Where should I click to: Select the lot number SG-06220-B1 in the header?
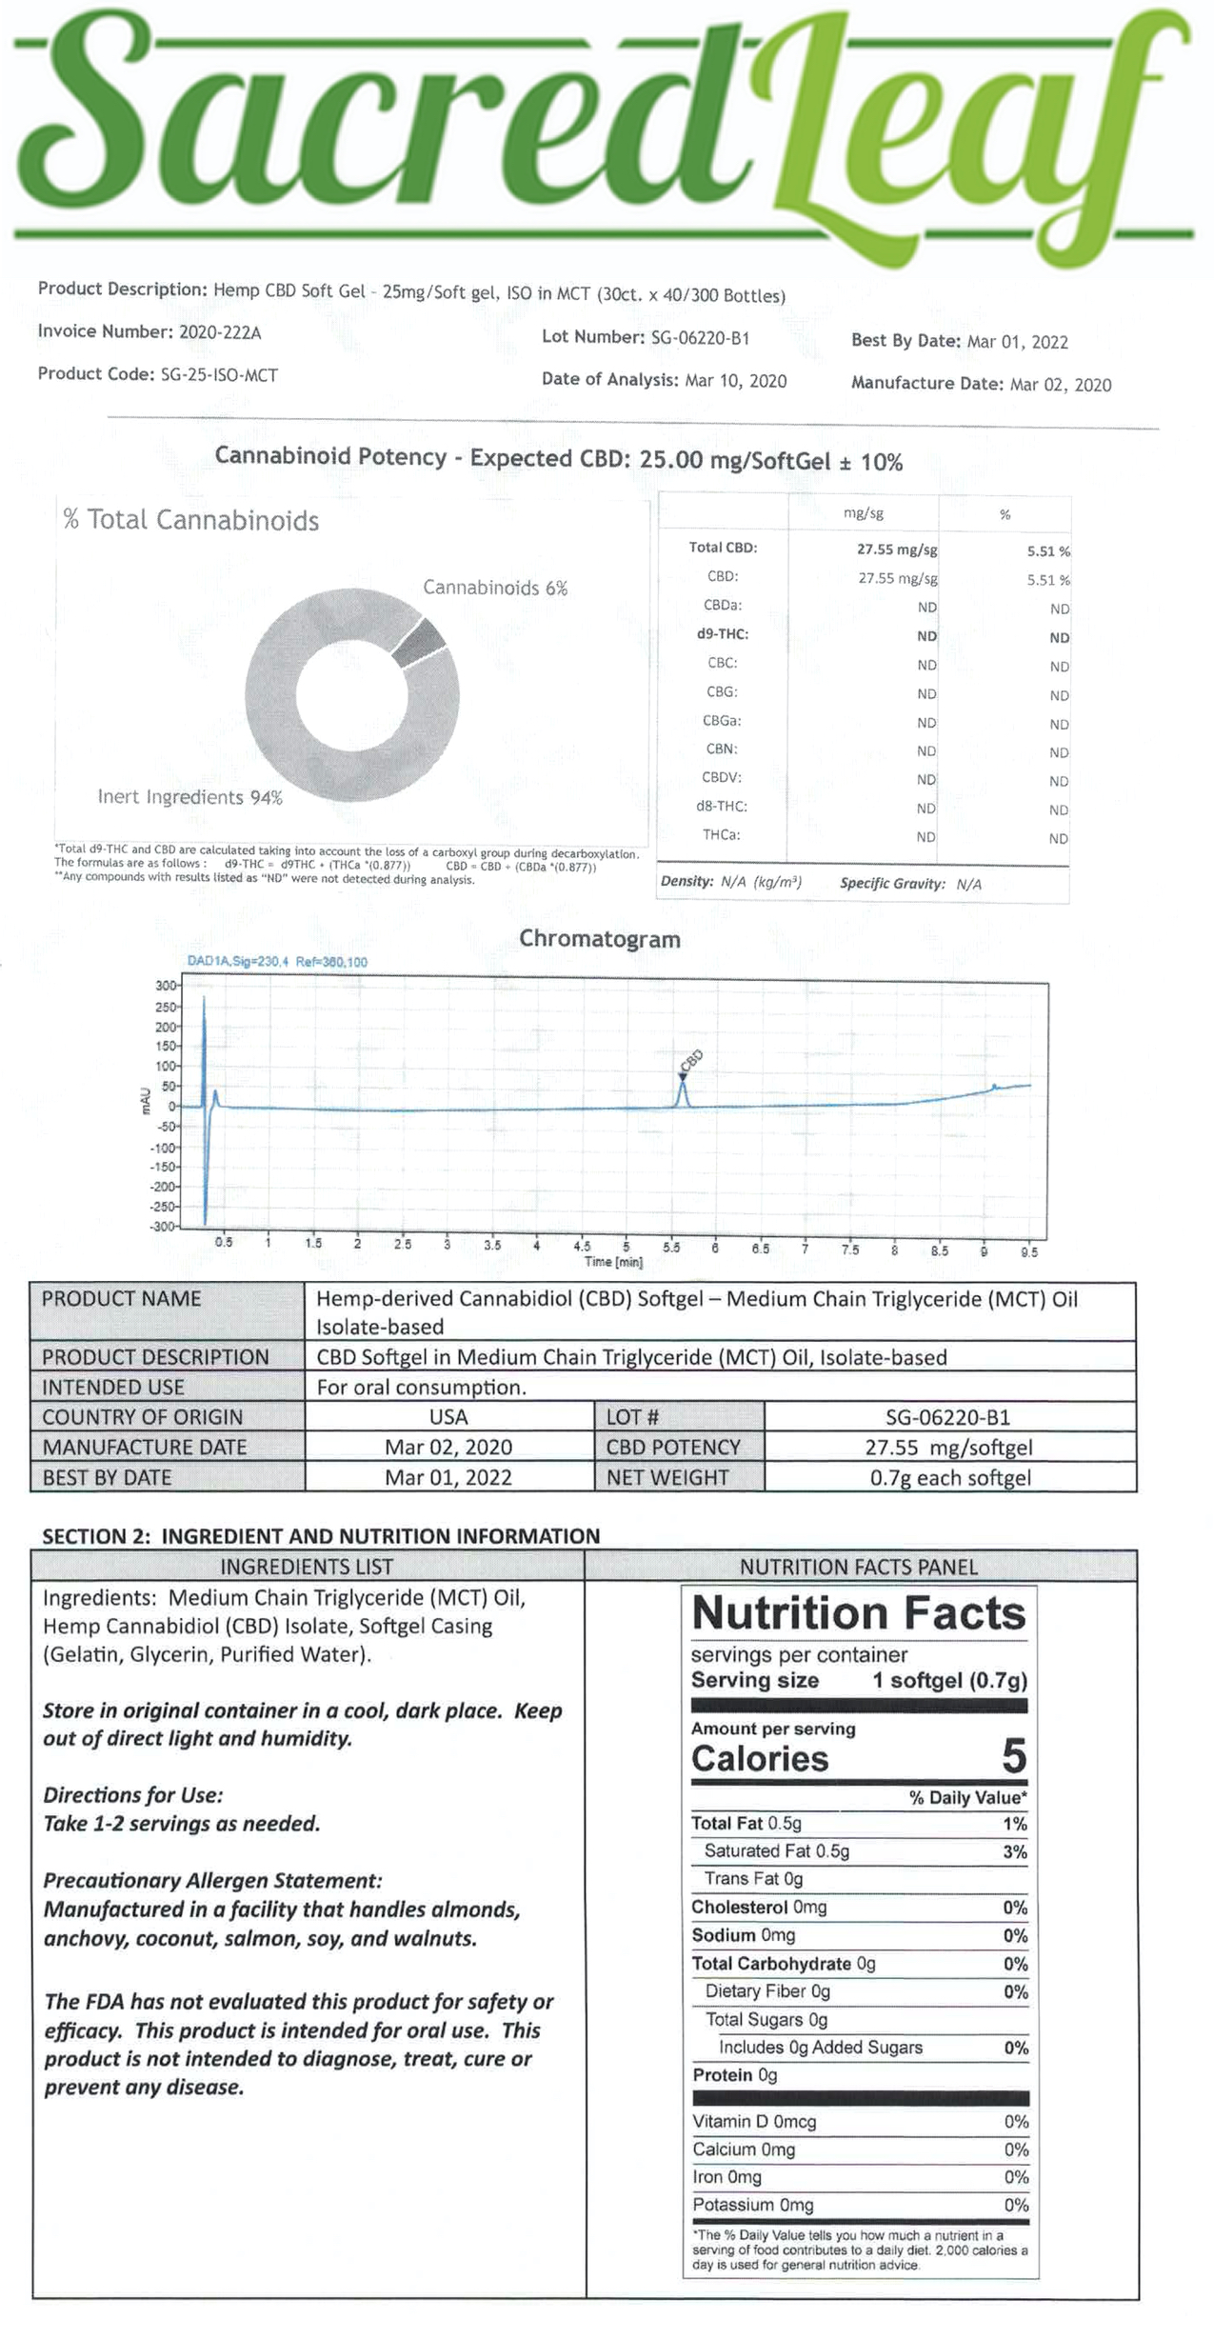tap(700, 337)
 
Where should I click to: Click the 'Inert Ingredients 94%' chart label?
tap(190, 797)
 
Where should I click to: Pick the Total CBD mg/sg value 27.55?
tap(896, 550)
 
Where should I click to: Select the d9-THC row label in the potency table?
tap(722, 634)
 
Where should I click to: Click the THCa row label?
tap(722, 835)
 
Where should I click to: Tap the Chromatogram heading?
tap(600, 939)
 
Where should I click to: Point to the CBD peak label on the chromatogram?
tap(691, 1060)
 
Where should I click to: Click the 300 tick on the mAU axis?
tap(166, 986)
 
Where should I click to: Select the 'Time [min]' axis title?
tap(613, 1262)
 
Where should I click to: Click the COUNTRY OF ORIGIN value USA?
tap(448, 1417)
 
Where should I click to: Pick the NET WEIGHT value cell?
tap(949, 1478)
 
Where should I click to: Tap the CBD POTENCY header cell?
tap(673, 1448)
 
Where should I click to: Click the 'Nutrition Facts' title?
tap(858, 1612)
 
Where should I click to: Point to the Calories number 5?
tap(1013, 1756)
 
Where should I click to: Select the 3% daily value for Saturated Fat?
tap(1014, 1852)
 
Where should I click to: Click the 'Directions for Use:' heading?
tap(133, 1795)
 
